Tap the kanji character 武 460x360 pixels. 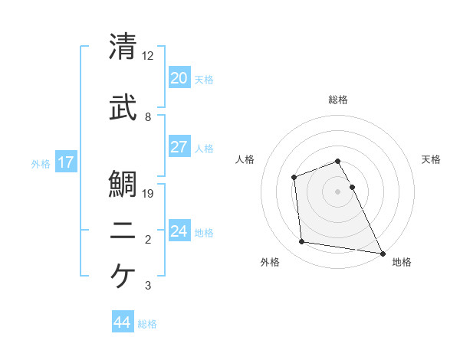[x=123, y=108]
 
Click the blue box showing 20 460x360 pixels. [x=179, y=78]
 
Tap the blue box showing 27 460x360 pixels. [x=179, y=147]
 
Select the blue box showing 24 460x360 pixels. [x=179, y=231]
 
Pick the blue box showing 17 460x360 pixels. [x=66, y=162]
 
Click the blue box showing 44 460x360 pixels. [x=123, y=322]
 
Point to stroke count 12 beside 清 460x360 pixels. [x=148, y=56]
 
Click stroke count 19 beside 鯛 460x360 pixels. [x=149, y=194]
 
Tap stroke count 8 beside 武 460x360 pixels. [x=148, y=117]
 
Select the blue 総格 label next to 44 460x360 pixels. [x=147, y=324]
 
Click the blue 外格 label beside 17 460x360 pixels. [x=40, y=163]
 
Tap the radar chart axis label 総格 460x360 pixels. [x=337, y=100]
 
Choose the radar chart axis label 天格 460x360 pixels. [x=432, y=159]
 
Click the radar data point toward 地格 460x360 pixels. [x=383, y=253]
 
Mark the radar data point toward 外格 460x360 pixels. [x=302, y=242]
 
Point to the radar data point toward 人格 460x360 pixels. [x=294, y=178]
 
